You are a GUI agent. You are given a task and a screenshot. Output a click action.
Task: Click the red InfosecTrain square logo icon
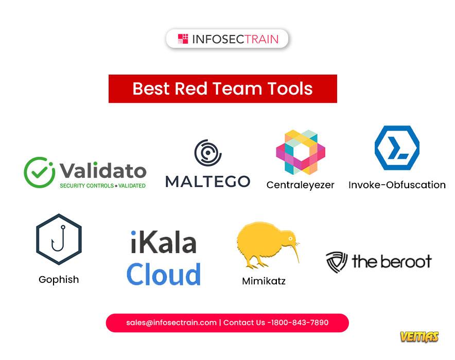coord(183,39)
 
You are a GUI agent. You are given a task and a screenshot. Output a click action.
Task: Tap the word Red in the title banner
coord(191,88)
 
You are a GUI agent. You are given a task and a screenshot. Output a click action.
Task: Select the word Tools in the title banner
coord(290,88)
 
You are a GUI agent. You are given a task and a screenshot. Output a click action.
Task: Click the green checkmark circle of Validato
coord(39,172)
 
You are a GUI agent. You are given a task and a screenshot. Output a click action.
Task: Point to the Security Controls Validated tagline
coord(103,186)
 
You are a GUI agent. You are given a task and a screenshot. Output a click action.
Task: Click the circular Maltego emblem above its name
coord(208,153)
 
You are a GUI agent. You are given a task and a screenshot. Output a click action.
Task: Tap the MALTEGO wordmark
coord(208,182)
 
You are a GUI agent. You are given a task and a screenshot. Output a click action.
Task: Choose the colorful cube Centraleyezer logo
coord(301,152)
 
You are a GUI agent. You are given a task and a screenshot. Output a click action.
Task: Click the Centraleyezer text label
coord(301,185)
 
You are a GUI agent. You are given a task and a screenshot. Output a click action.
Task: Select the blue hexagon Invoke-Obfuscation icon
coord(397,148)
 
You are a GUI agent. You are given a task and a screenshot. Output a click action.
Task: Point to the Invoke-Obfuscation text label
coord(397,185)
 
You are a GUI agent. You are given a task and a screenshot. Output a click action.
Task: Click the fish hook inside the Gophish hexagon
coord(58,238)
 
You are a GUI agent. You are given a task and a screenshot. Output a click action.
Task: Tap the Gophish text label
coord(59,279)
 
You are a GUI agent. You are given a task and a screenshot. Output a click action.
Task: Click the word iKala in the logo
coord(163,242)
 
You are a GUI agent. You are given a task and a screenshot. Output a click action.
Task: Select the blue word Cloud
coord(164,274)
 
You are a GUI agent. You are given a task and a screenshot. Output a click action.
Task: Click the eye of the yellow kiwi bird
coord(290,238)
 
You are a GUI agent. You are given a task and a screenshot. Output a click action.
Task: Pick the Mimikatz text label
coord(264,281)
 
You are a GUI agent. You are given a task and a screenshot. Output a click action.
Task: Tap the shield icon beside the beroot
coord(337,262)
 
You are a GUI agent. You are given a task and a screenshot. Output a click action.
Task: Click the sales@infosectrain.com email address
coord(171,322)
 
